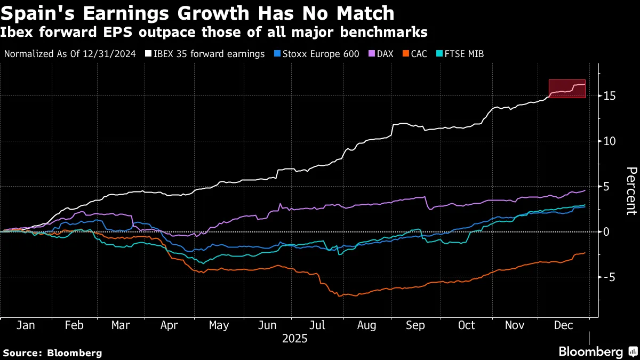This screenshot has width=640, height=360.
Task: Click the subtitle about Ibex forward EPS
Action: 214,33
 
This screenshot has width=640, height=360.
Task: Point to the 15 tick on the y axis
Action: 610,96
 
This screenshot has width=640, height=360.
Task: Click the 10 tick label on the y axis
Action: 610,141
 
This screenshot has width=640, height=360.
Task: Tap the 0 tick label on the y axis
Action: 607,231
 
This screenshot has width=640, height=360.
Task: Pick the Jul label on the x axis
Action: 318,325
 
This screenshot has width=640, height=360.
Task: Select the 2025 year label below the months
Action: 295,339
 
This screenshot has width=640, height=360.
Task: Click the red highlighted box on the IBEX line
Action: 567,89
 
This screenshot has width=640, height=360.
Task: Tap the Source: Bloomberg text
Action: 52,353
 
